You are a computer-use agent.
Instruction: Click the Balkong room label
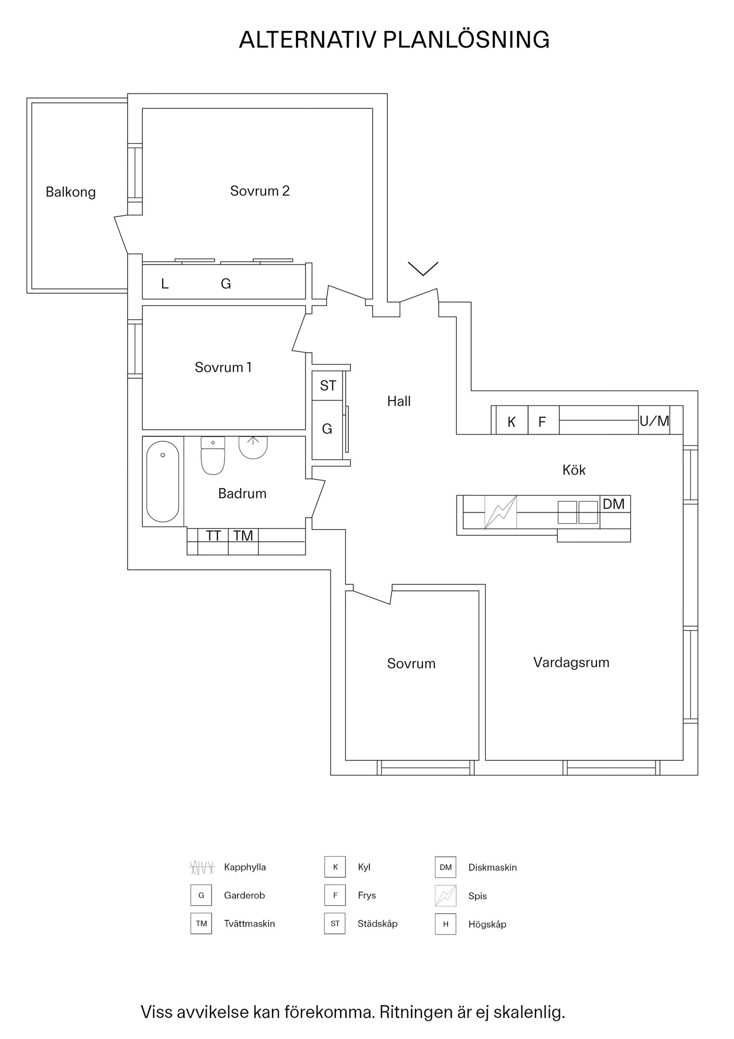pos(70,192)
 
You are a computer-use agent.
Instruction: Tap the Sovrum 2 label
pos(260,190)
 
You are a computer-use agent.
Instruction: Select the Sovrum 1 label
pos(223,367)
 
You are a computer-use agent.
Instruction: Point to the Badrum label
pos(242,494)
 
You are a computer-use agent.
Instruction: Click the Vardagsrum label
pos(571,663)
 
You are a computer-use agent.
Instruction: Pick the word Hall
pos(399,401)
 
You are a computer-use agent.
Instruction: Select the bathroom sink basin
pos(253,448)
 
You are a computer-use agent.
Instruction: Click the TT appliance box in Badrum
pos(213,536)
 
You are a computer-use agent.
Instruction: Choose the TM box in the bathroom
pos(243,536)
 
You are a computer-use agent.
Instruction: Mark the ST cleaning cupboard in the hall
pos(328,386)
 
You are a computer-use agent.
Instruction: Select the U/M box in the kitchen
pos(654,420)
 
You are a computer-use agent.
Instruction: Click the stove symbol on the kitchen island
pos(501,512)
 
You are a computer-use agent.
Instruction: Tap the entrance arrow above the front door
pos(423,268)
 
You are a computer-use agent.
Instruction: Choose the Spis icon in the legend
pos(446,896)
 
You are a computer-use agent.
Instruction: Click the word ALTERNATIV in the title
pos(307,40)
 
